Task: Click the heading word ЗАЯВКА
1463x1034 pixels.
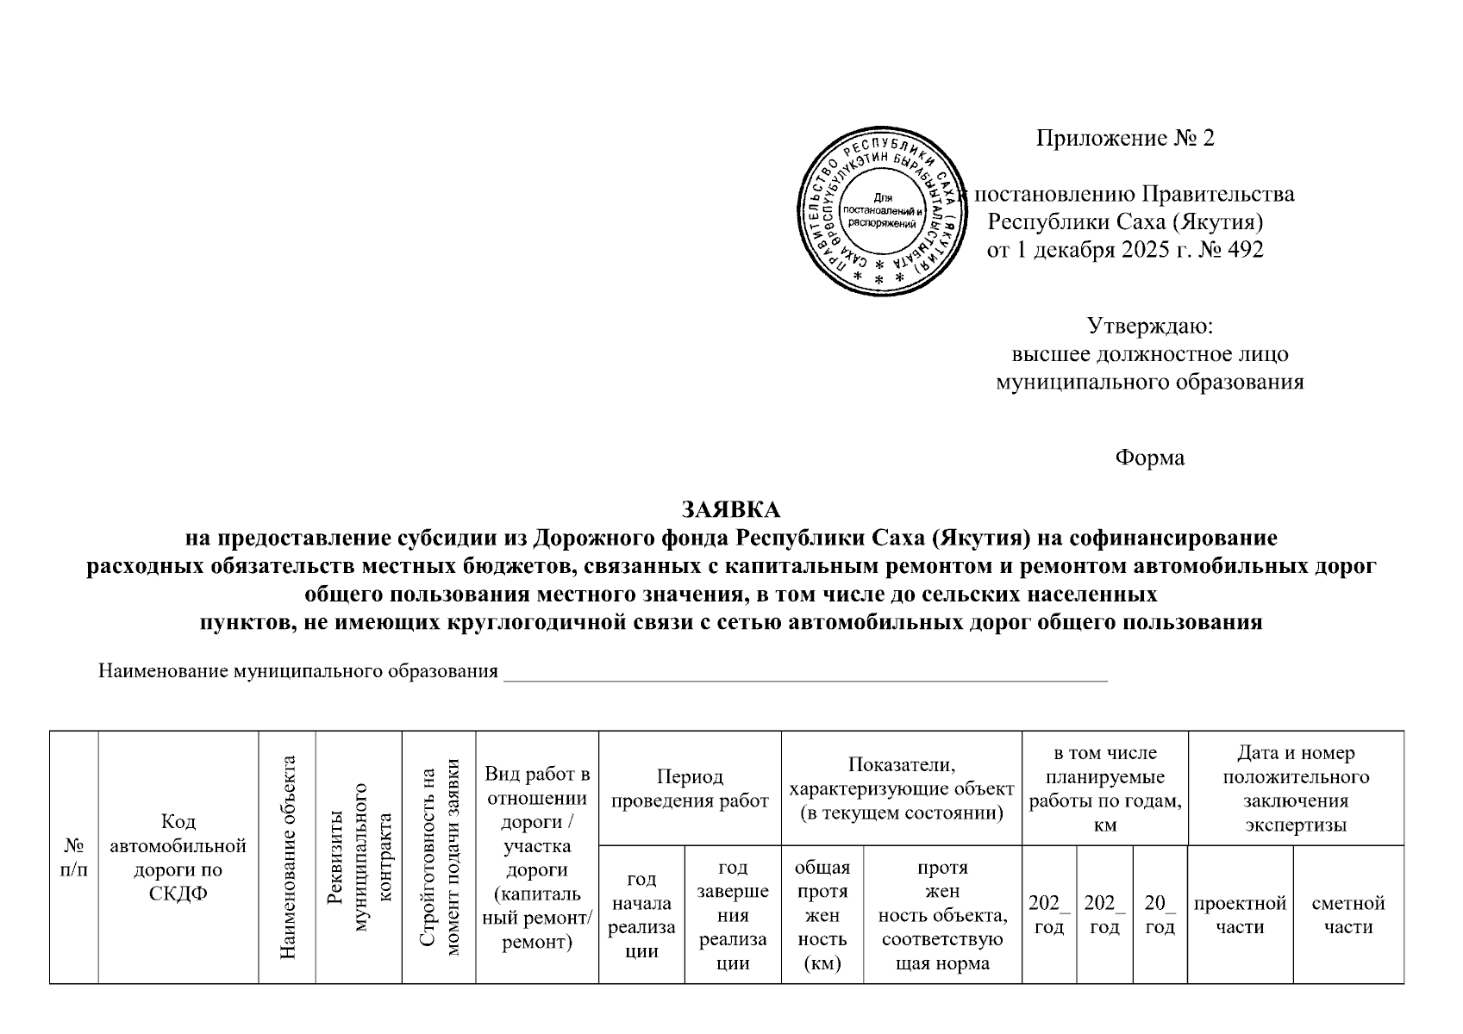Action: tap(730, 510)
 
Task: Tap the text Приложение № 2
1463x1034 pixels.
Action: tap(1124, 139)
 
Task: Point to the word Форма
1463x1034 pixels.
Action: tap(1149, 458)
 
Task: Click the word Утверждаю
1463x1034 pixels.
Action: tap(1149, 327)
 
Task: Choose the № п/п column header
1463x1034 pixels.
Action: tap(74, 857)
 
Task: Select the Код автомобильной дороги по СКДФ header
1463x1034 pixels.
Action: tap(178, 857)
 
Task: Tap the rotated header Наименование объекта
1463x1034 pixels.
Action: tap(288, 857)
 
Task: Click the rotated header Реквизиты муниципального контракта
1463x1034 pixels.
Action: tap(359, 857)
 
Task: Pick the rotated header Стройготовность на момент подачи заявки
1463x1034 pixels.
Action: tap(439, 857)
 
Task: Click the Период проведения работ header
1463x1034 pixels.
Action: tap(690, 788)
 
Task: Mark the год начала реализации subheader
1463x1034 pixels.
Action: tap(641, 914)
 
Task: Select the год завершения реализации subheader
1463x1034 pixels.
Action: tap(733, 914)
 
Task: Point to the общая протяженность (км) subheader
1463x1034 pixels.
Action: tap(822, 914)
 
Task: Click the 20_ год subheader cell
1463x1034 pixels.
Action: tap(1160, 914)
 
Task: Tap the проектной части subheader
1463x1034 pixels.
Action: tap(1240, 914)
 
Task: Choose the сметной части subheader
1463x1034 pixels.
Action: tap(1347, 914)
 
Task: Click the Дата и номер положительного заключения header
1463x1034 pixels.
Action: tap(1295, 788)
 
